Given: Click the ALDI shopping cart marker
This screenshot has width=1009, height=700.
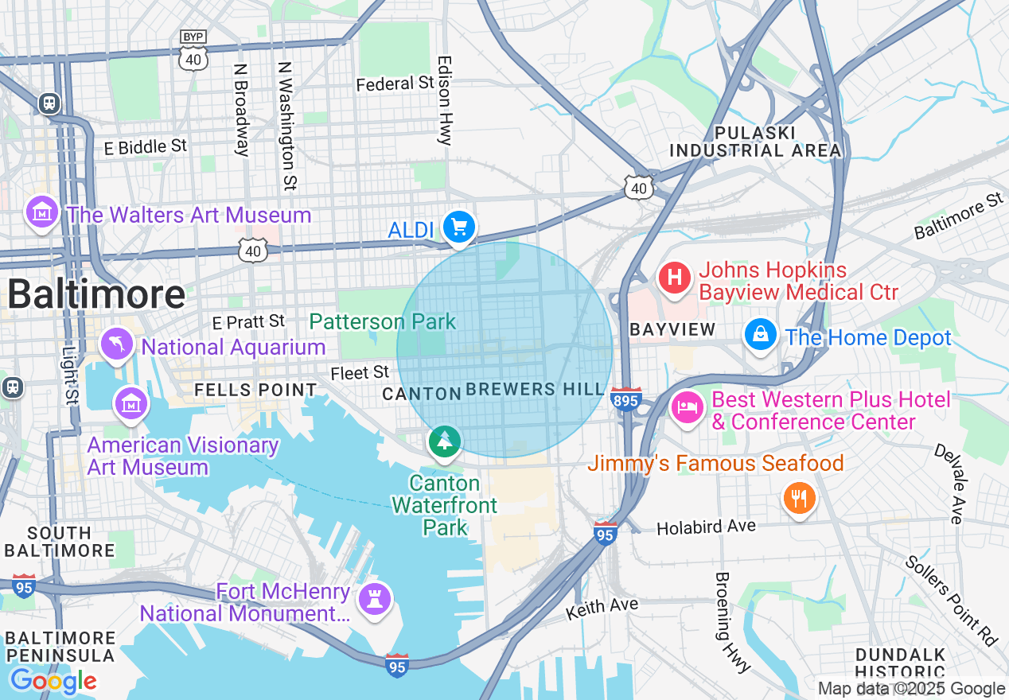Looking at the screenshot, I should pos(458,227).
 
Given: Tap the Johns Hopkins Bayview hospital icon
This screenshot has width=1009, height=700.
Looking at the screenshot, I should pos(675,278).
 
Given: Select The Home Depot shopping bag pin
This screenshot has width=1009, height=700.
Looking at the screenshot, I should pos(761,335).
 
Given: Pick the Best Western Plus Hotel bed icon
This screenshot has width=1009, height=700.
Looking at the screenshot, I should pos(687,408).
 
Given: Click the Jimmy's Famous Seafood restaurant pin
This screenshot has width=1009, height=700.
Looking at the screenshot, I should pos(799,499).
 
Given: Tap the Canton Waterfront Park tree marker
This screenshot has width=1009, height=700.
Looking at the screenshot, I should pos(444,441).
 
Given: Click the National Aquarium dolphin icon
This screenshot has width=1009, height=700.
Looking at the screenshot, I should pos(117,344).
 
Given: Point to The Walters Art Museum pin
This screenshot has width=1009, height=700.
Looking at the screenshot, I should pos(41,212).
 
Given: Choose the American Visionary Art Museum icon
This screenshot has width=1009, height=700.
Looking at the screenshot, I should pos(131,403).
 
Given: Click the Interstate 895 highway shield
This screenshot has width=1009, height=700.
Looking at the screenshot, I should pos(626,400).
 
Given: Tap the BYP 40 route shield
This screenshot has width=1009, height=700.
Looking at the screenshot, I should pos(193,50).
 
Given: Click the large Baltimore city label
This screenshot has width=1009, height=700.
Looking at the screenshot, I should pos(96,294).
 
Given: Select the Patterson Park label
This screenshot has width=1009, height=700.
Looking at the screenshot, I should pos(383,321).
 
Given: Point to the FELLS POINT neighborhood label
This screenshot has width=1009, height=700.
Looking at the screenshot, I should pos(255,390).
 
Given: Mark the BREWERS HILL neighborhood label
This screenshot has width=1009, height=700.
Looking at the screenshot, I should pos(535,389).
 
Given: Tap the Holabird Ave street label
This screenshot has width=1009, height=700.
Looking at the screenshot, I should pos(706,526).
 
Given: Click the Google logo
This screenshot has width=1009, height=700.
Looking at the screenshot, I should pos(53,681).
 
